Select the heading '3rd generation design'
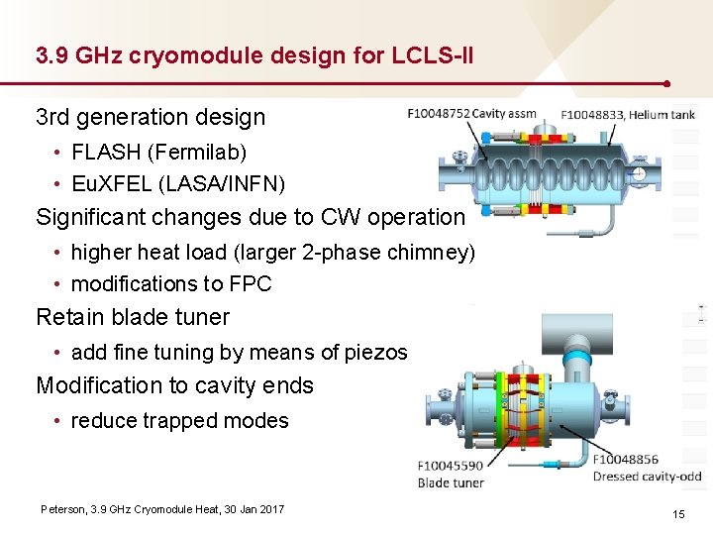[151, 117]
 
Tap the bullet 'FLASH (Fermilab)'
[158, 153]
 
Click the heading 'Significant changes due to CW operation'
[250, 217]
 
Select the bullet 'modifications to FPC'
[171, 284]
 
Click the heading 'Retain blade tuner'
[133, 318]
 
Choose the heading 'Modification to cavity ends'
[174, 386]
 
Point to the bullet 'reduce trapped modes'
[179, 421]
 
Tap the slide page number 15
[678, 514]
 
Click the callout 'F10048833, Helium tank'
[628, 115]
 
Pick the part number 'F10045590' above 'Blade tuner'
[451, 466]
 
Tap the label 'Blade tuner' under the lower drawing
[451, 482]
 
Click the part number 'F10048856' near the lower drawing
[626, 460]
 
